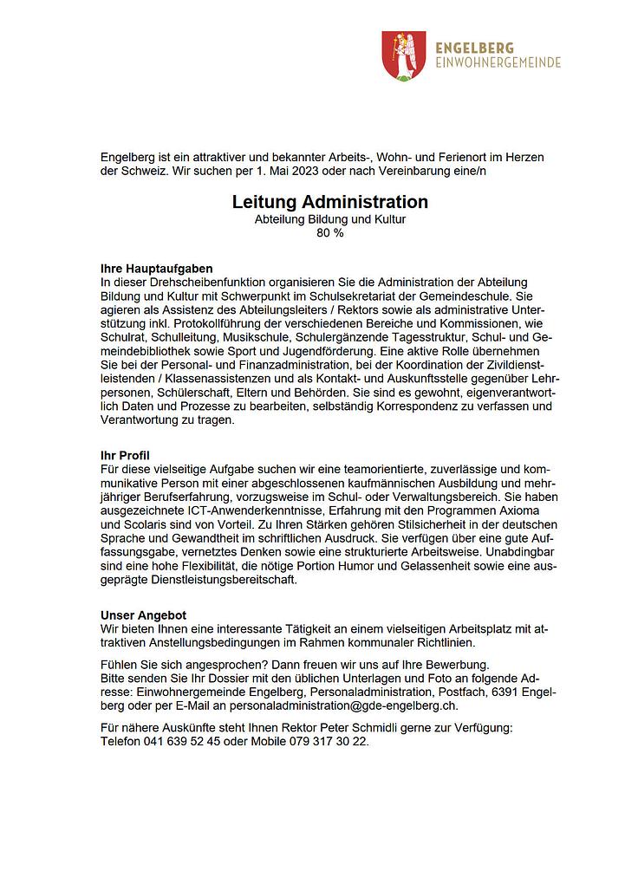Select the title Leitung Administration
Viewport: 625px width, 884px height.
pyautogui.click(x=329, y=202)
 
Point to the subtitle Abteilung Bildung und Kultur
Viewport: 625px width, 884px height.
pyautogui.click(x=329, y=219)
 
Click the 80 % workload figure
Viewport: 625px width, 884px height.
pyautogui.click(x=330, y=232)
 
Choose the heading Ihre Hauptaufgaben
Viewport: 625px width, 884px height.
pyautogui.click(x=157, y=270)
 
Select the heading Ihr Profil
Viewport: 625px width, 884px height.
pyautogui.click(x=126, y=455)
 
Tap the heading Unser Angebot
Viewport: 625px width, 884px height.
pyautogui.click(x=144, y=615)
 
